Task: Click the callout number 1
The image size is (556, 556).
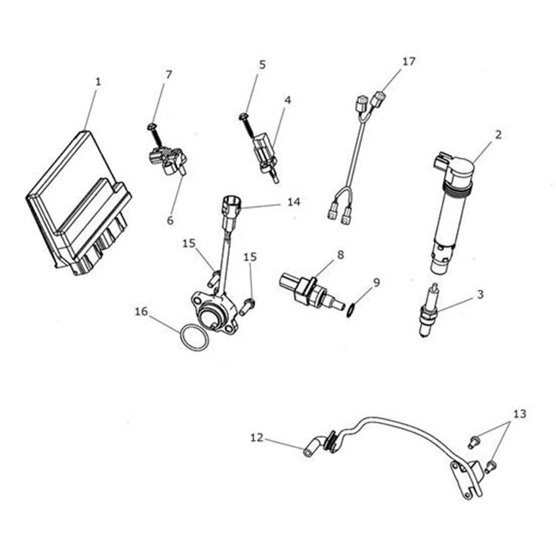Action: (98, 82)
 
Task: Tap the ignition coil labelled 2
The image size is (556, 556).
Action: (452, 208)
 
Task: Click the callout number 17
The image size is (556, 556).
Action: (409, 61)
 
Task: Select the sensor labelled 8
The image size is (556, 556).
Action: (308, 291)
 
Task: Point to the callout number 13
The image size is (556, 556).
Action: (519, 414)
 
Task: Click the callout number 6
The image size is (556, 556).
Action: (170, 221)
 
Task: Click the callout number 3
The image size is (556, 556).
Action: (480, 294)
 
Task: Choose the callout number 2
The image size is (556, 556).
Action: (498, 135)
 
